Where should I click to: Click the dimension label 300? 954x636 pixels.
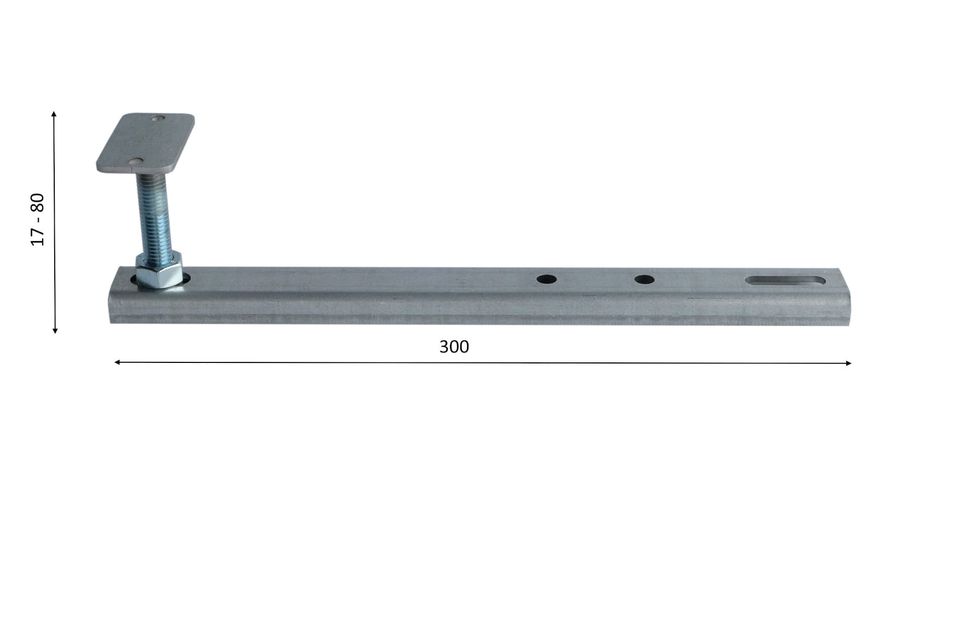coord(454,346)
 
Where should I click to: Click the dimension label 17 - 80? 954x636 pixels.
coord(38,219)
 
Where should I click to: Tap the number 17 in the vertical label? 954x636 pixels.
coord(38,236)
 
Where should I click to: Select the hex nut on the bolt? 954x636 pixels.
coord(159,272)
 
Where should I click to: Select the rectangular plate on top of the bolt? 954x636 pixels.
coord(145,143)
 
